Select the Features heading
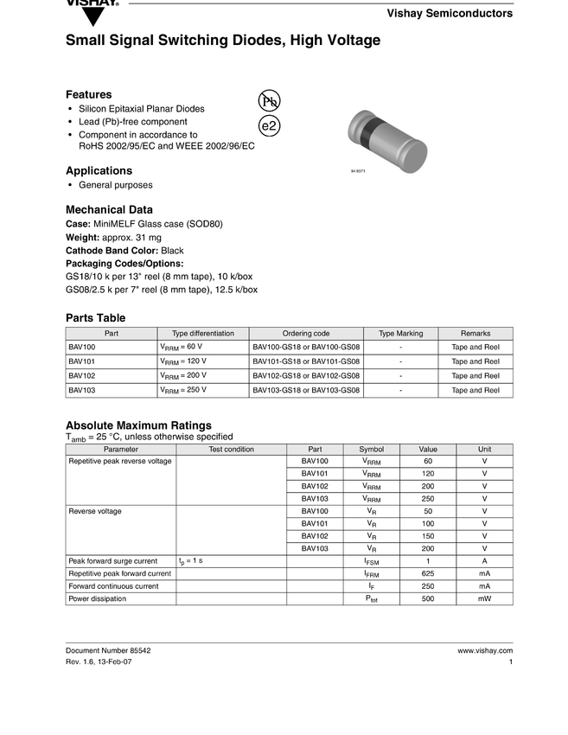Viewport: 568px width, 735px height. pos(89,94)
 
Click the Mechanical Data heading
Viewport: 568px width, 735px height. pos(109,209)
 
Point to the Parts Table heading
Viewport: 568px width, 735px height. pos(95,318)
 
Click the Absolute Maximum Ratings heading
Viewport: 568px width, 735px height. pos(138,425)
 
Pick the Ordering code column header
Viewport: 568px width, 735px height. pos(306,334)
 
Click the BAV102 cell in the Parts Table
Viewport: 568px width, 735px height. pos(82,375)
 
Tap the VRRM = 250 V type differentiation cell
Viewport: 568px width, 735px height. pos(183,390)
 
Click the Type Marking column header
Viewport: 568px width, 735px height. pos(401,334)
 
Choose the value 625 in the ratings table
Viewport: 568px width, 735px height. pos(428,573)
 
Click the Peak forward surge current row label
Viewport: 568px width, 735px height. pos(113,561)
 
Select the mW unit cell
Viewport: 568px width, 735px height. pos(484,598)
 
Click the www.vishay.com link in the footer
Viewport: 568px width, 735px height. pos(485,651)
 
